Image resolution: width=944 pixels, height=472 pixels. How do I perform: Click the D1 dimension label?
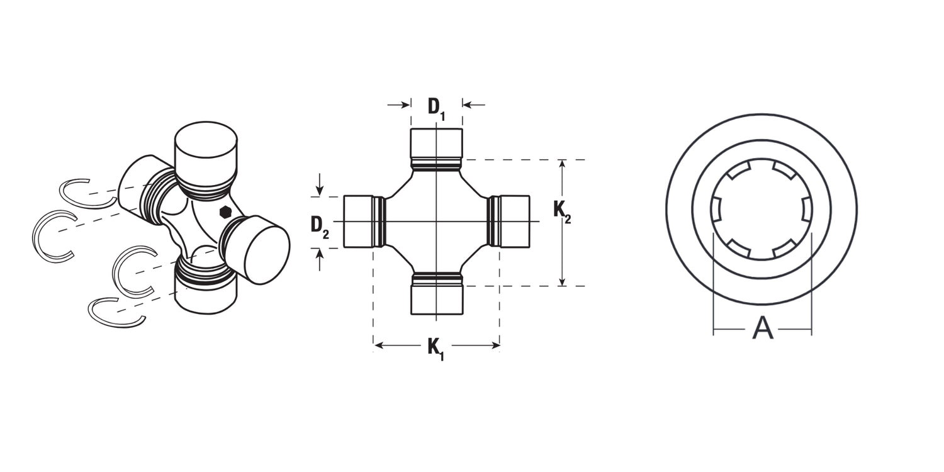[x=436, y=108]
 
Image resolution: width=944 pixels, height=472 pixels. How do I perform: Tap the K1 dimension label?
[x=435, y=349]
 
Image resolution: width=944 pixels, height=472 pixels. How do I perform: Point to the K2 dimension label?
[x=562, y=212]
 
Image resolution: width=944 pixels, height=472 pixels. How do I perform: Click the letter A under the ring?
[x=763, y=329]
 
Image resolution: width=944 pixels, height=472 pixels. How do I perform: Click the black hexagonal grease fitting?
[x=225, y=212]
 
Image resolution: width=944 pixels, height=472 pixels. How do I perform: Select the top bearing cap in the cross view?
[x=437, y=143]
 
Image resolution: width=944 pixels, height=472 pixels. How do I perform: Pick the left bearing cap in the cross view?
[x=359, y=222]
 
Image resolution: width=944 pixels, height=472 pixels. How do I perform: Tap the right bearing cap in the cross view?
[x=514, y=222]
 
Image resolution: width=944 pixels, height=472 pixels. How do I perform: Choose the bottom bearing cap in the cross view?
[x=437, y=300]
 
